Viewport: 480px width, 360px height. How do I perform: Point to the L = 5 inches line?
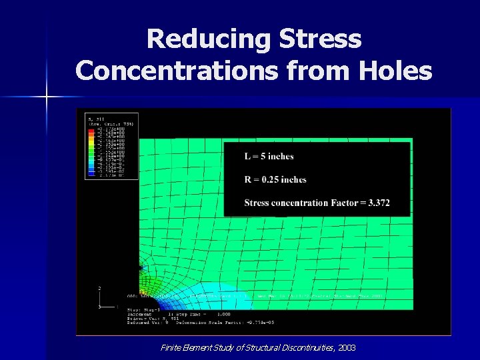click(269, 157)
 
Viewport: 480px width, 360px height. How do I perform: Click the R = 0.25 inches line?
click(275, 179)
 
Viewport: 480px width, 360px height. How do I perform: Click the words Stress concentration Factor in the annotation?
click(301, 203)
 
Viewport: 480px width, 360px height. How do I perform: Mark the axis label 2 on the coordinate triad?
click(99, 289)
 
